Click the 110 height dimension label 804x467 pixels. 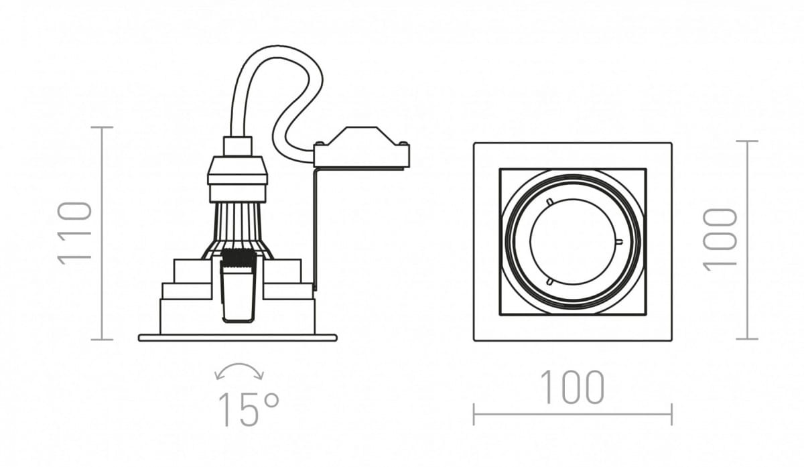coord(74,233)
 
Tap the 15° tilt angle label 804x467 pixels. coord(249,409)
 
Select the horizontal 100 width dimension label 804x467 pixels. coord(572,387)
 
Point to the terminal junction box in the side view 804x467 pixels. coord(361,147)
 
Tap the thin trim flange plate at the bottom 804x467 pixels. coord(238,338)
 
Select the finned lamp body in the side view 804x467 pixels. coord(237,230)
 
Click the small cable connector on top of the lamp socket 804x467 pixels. coord(238,146)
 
